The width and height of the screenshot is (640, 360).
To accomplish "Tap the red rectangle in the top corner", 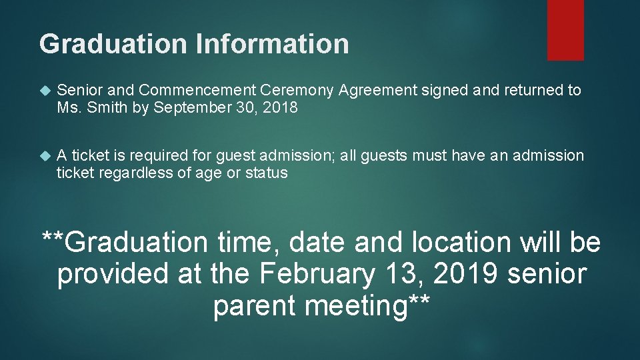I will pyautogui.click(x=565, y=30).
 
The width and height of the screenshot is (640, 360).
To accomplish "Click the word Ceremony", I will pyautogui.click(x=298, y=91).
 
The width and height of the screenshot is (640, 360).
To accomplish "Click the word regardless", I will pyautogui.click(x=139, y=173).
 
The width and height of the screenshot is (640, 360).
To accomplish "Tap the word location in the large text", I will pyautogui.click(x=461, y=242).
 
